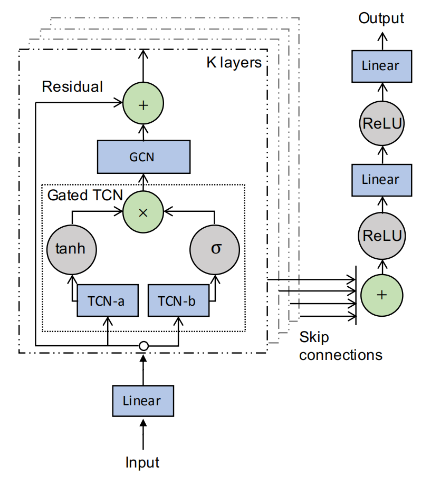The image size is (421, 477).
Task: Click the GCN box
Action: point(143,157)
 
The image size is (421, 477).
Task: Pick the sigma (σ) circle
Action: point(215,248)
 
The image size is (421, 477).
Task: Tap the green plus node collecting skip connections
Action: point(381,294)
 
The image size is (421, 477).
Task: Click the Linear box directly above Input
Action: point(142,401)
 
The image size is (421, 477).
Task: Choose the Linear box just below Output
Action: point(381,66)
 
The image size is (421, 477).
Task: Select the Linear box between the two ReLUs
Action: point(381,179)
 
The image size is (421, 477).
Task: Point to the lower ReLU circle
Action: point(381,235)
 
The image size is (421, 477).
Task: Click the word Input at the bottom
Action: point(142,462)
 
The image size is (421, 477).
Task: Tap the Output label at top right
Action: point(381,18)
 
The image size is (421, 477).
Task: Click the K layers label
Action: point(233,63)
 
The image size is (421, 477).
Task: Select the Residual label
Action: point(72,86)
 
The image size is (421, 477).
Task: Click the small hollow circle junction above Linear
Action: point(142,346)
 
